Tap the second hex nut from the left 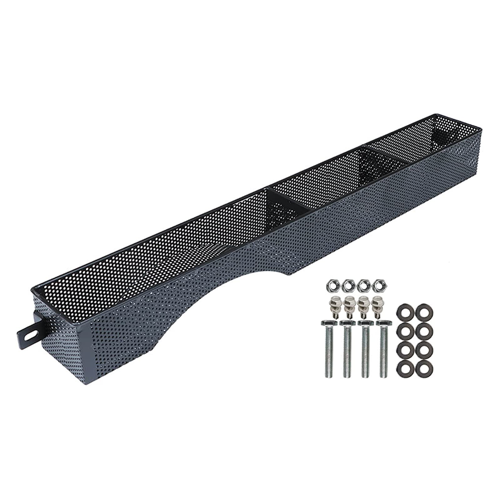tap(347, 285)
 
